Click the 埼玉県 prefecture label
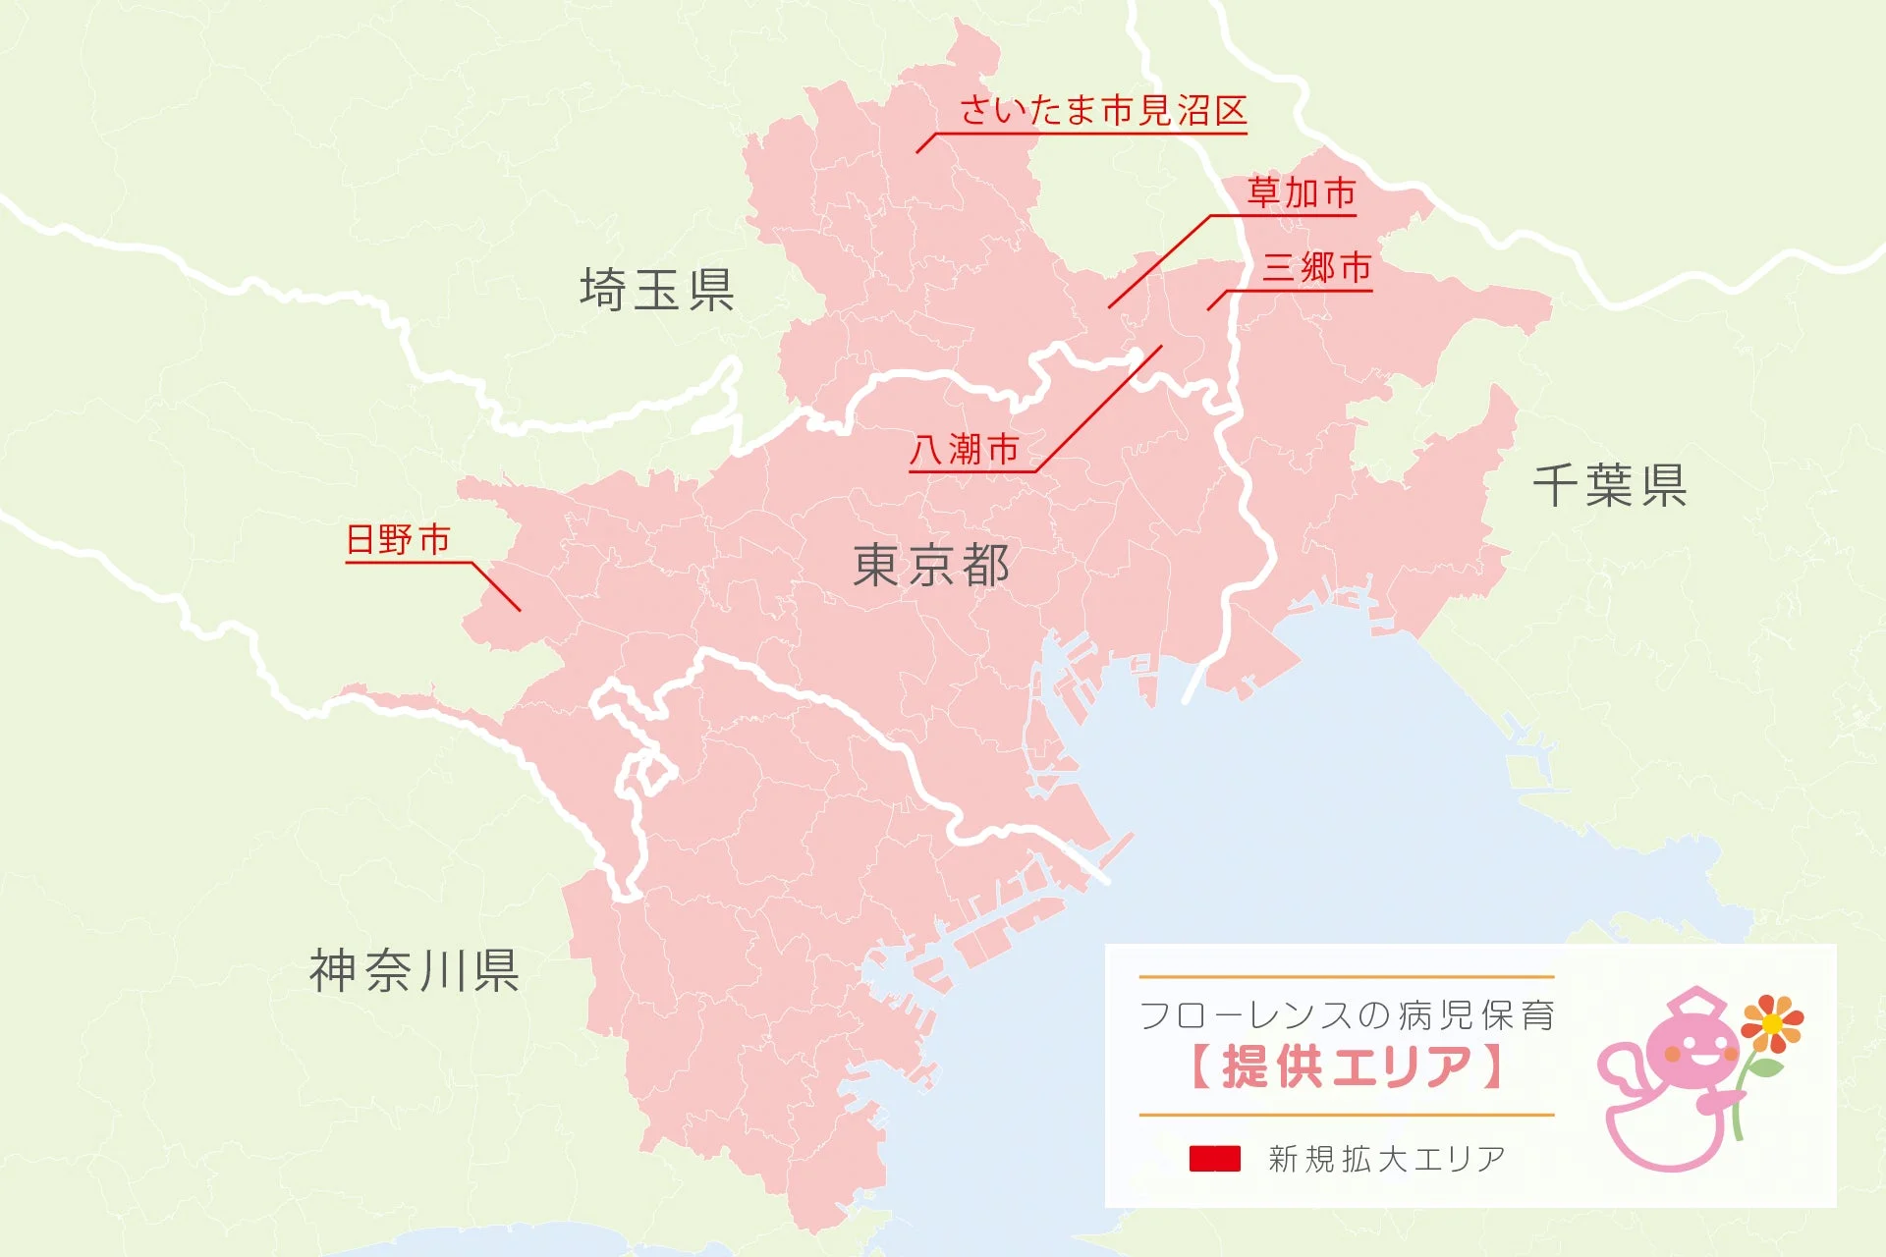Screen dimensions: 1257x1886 click(657, 290)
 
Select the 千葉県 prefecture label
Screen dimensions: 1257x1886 click(1610, 485)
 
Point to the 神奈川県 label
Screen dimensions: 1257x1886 click(415, 970)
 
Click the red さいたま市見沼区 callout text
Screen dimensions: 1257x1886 click(1103, 110)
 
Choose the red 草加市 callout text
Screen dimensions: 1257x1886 click(1302, 192)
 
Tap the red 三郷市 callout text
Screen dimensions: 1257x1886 click(1317, 267)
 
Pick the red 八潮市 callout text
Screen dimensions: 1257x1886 click(965, 450)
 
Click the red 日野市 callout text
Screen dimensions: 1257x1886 click(398, 539)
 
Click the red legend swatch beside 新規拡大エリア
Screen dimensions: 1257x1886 click(1215, 1159)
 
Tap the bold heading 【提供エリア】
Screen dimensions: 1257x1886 click(1346, 1066)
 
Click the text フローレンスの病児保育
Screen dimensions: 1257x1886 click(1347, 1015)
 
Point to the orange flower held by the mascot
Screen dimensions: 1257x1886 click(1772, 1023)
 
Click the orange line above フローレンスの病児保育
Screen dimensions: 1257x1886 click(1347, 977)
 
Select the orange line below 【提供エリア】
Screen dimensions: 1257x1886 click(1347, 1115)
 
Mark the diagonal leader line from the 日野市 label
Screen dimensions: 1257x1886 click(496, 586)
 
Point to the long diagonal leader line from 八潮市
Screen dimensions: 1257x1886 click(1098, 409)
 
